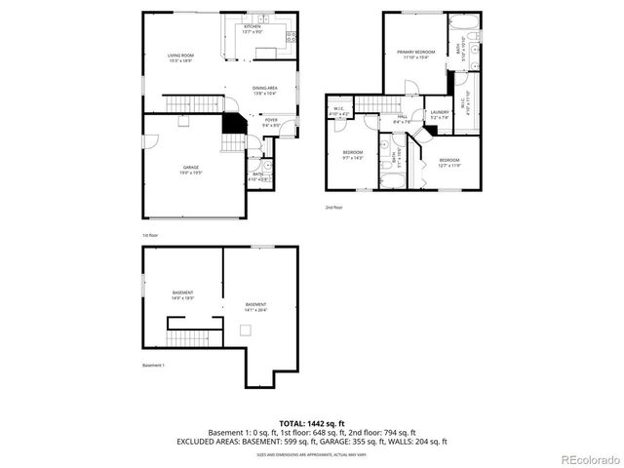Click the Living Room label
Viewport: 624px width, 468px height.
[180, 58]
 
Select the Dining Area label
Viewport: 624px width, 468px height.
[265, 91]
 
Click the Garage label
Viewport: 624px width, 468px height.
[190, 170]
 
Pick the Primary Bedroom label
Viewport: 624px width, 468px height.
[415, 53]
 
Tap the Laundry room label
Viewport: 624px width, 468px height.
[439, 115]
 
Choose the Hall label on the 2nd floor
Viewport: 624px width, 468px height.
[402, 119]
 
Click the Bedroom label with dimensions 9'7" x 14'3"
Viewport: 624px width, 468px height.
[352, 154]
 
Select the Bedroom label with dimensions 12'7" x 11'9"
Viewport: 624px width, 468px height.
[448, 162]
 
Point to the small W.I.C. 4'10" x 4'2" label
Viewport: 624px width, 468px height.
[339, 111]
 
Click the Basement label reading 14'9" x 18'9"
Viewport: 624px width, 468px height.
[182, 295]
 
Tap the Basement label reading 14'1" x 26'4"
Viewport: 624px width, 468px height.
[255, 307]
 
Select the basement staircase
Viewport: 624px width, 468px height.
[182, 337]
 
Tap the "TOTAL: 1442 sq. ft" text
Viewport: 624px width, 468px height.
[311, 423]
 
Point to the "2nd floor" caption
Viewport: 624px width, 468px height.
[334, 207]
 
